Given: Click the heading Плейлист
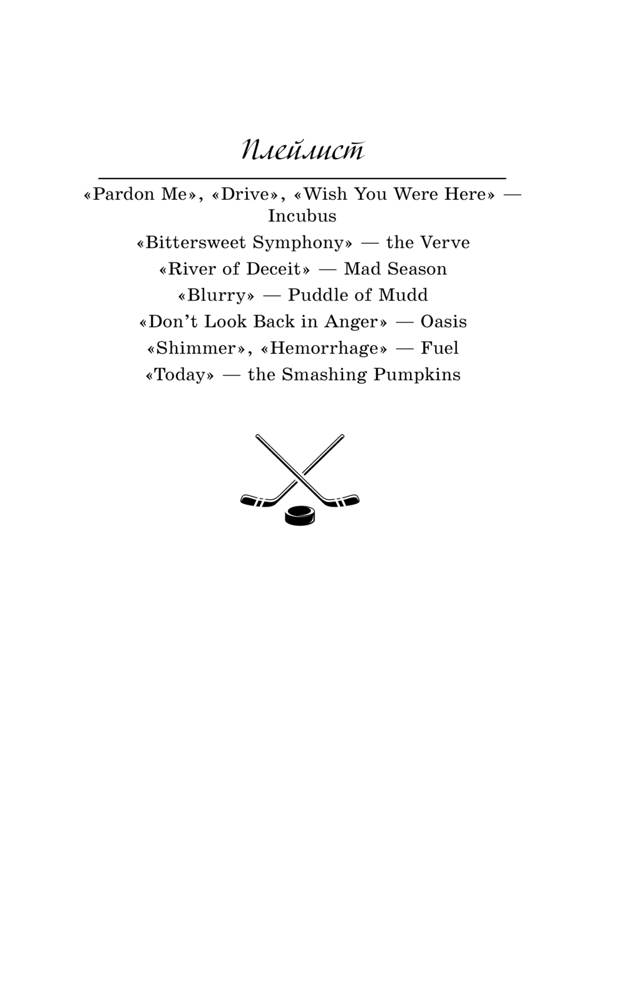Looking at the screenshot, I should pos(302,151).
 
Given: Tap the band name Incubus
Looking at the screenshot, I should pos(302,216).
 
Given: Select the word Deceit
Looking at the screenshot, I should pos(274,269).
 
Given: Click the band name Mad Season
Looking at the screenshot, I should pos(395,269).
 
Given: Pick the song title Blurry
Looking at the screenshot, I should pos(216,295).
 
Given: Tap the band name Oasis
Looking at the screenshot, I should pos(443,322).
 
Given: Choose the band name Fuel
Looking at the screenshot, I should pos(439,348).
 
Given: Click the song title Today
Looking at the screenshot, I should pos(180,375).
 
